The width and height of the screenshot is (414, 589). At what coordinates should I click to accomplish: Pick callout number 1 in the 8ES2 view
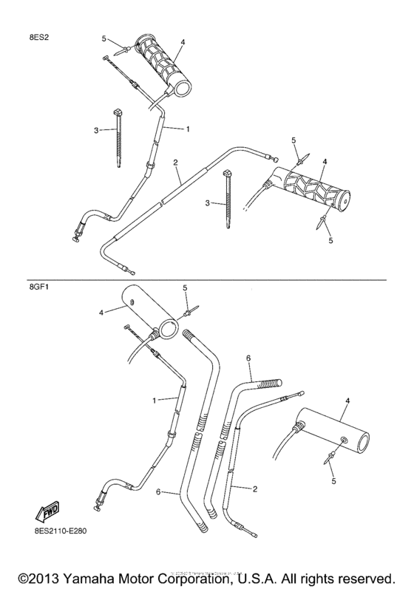(188, 129)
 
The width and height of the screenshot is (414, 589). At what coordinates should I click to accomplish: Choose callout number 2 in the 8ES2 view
(175, 161)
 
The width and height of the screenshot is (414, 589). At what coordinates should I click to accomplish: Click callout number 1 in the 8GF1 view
(155, 400)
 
